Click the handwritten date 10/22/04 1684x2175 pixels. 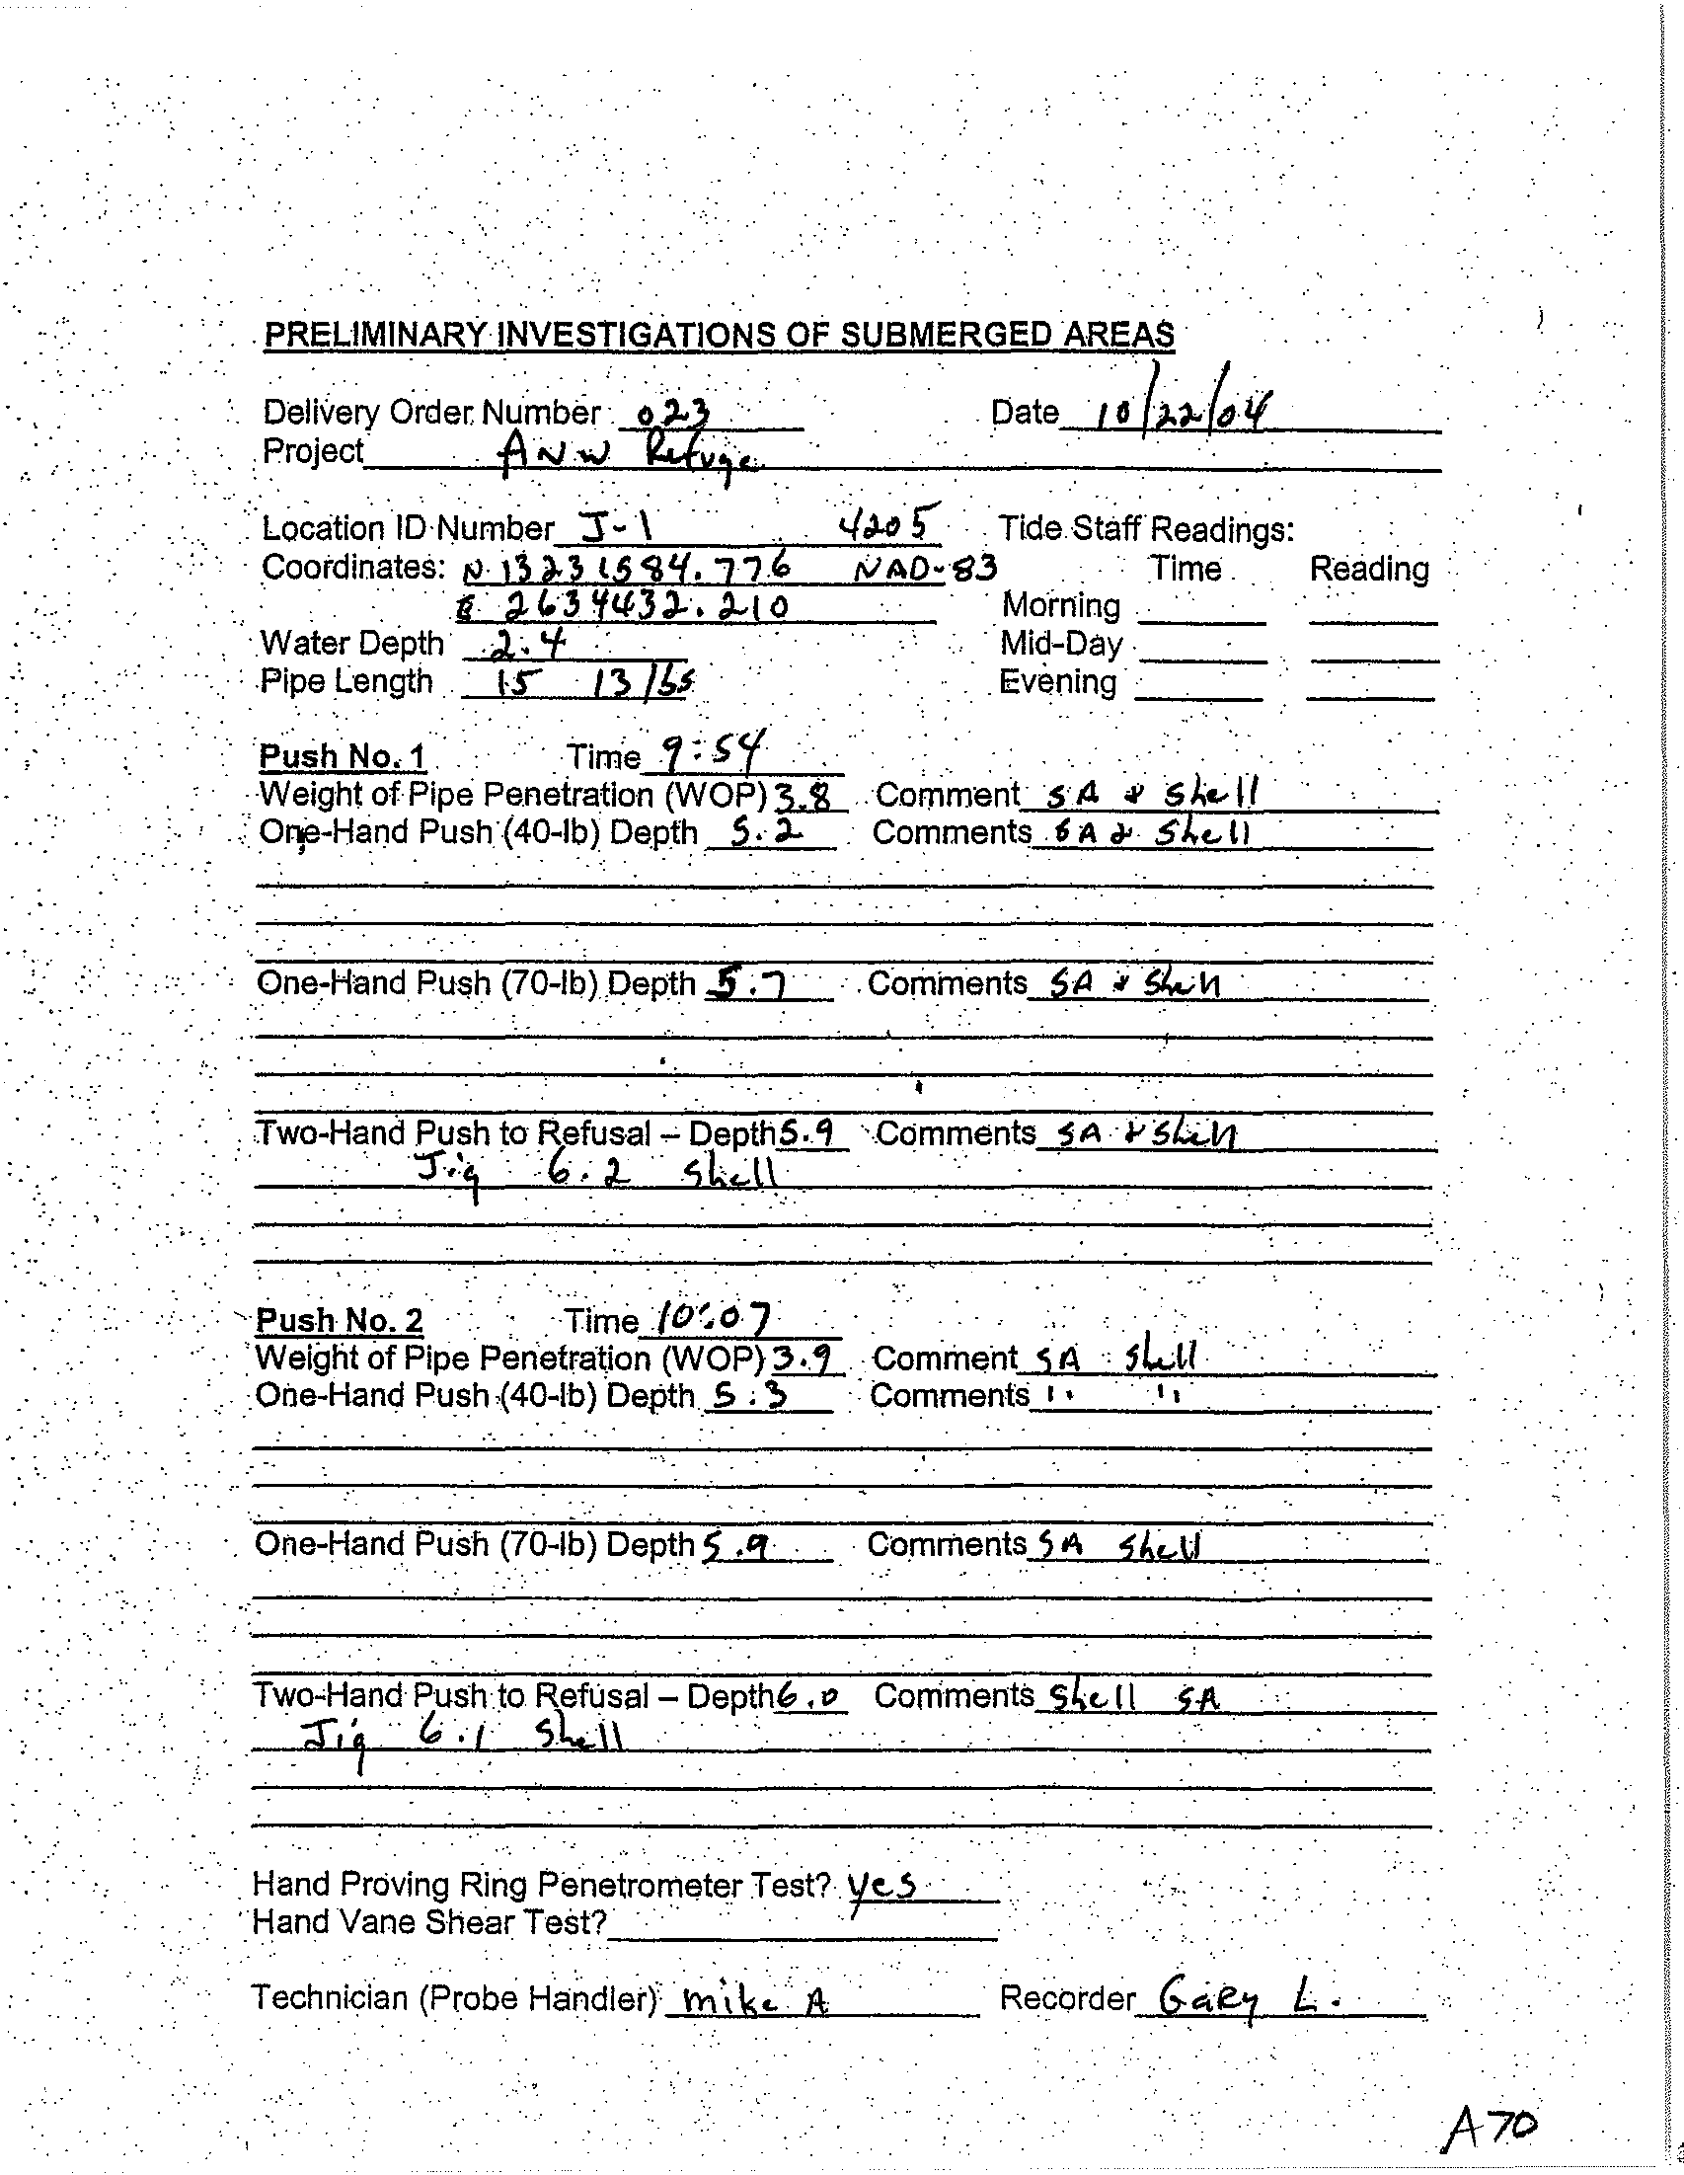[x=1181, y=408]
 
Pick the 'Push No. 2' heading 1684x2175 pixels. [x=340, y=1321]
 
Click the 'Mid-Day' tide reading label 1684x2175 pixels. [x=1060, y=645]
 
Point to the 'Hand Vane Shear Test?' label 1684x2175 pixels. [x=429, y=1921]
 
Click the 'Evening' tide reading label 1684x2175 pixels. [x=1056, y=682]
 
